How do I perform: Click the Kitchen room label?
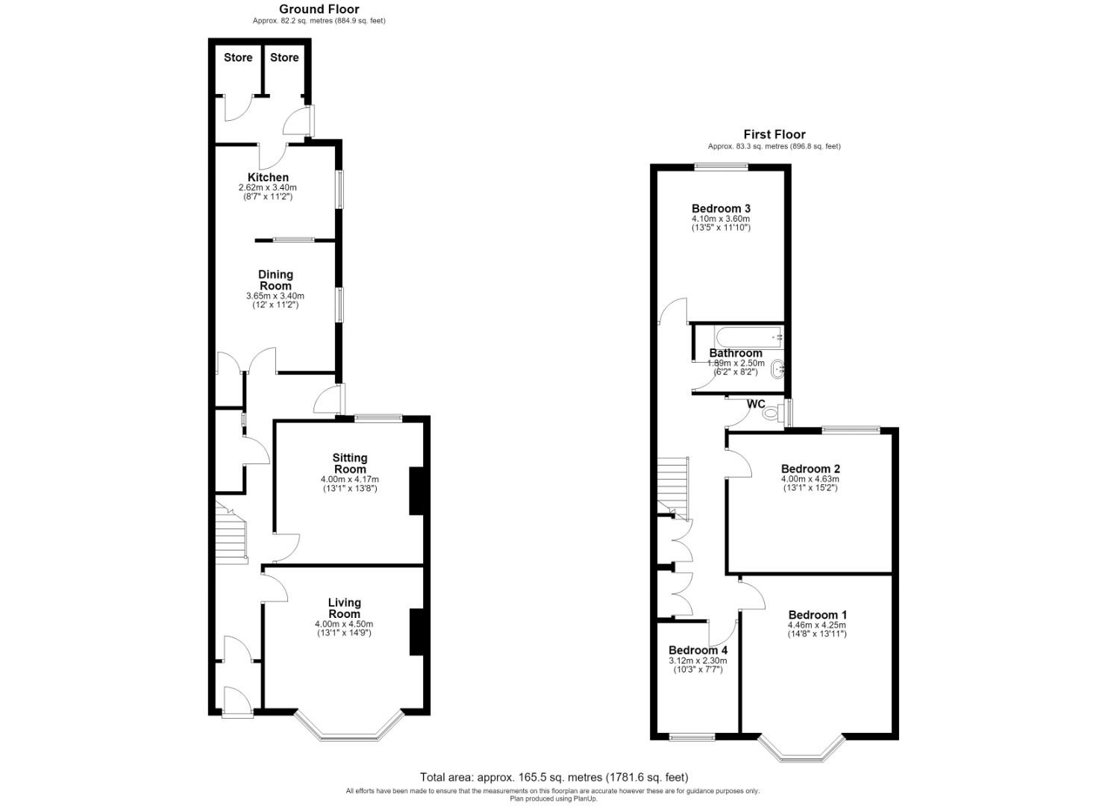[x=268, y=177]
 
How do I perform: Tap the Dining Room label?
[x=275, y=280]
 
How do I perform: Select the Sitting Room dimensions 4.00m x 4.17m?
[x=350, y=479]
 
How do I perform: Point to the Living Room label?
[x=344, y=608]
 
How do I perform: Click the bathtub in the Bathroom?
[x=748, y=337]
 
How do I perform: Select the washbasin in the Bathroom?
[x=777, y=369]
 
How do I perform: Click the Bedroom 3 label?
[x=721, y=208]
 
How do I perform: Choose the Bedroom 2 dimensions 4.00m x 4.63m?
[x=810, y=479]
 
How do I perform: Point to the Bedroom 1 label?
[x=818, y=614]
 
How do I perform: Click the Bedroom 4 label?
[x=698, y=650]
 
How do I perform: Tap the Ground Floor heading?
[x=319, y=9]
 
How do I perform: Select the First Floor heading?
[x=774, y=134]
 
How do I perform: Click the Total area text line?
[x=554, y=777]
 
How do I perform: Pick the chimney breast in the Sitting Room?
[x=416, y=491]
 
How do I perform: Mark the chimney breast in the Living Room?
[x=416, y=632]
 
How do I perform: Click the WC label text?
[x=756, y=404]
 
